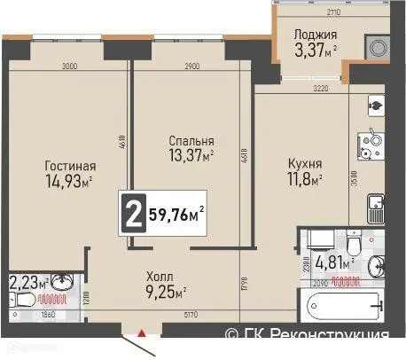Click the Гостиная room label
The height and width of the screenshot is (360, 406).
click(x=70, y=165)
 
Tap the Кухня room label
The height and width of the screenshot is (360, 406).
click(x=305, y=164)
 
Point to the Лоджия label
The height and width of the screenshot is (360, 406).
click(x=315, y=35)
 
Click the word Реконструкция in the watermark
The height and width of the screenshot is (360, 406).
click(x=341, y=335)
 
